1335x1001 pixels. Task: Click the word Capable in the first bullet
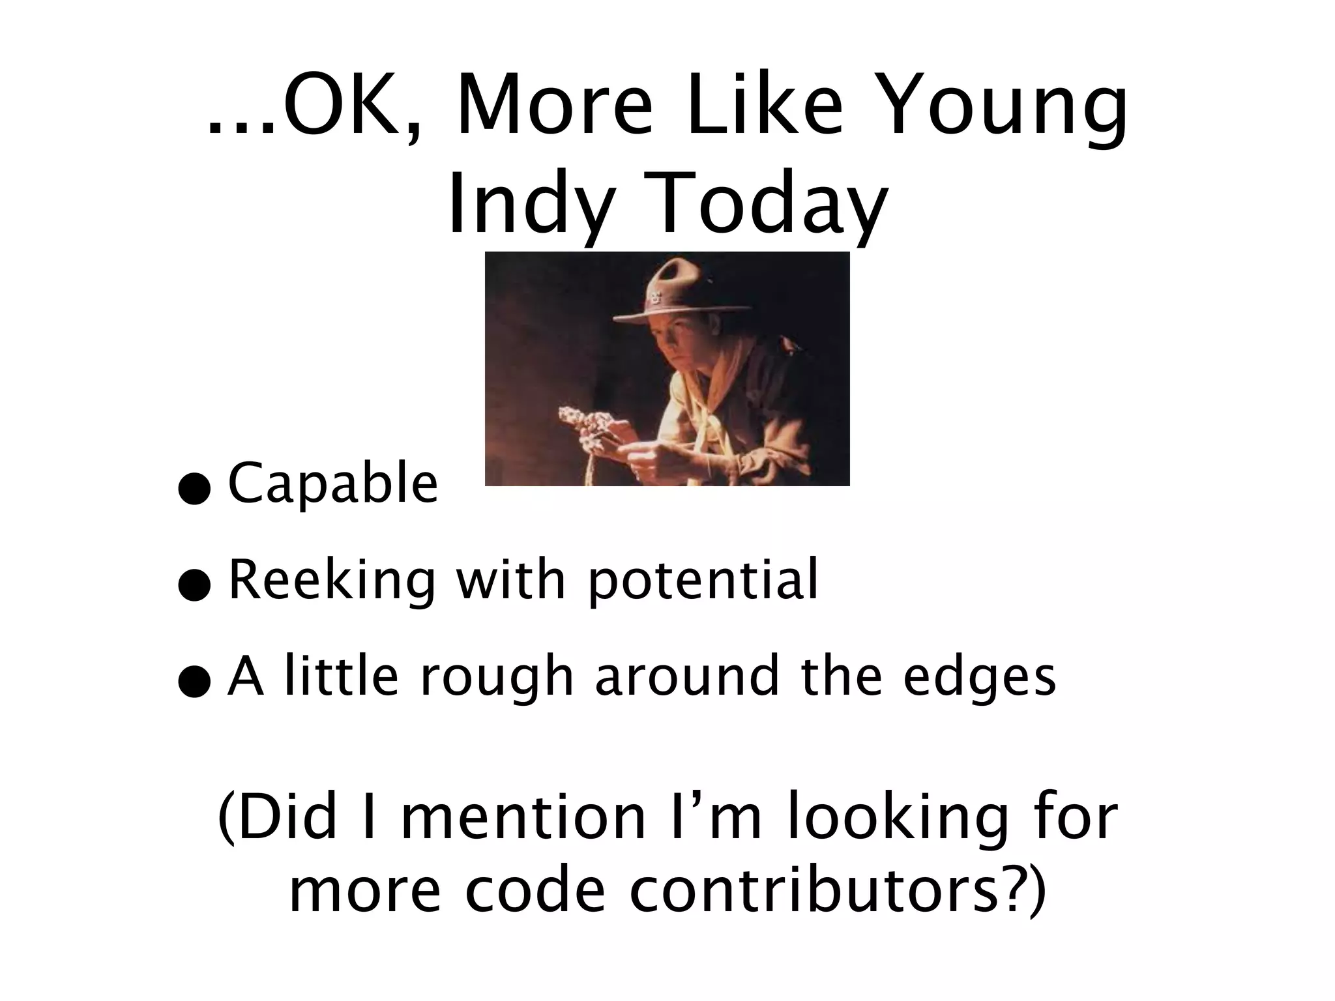coord(332,483)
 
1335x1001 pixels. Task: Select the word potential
coord(702,582)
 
